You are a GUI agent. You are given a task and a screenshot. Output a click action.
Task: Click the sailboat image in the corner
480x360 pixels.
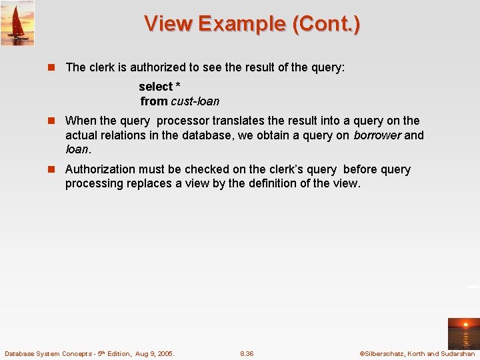[17, 23]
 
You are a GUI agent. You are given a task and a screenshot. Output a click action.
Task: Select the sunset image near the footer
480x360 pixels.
[463, 333]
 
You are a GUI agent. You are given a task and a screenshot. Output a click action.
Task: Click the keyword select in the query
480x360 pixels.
[155, 87]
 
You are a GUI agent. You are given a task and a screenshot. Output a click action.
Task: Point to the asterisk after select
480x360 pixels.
[178, 87]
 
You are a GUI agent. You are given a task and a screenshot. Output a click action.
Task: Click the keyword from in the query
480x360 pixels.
[153, 101]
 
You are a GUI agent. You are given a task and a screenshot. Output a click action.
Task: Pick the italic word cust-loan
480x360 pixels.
[195, 101]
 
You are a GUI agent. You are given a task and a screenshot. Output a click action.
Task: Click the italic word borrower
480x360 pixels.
[377, 135]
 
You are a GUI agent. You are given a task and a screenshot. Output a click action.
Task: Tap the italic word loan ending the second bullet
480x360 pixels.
[77, 149]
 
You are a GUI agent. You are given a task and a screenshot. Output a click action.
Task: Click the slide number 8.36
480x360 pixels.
[247, 354]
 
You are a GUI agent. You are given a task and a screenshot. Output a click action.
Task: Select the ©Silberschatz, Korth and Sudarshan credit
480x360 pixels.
[417, 354]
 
